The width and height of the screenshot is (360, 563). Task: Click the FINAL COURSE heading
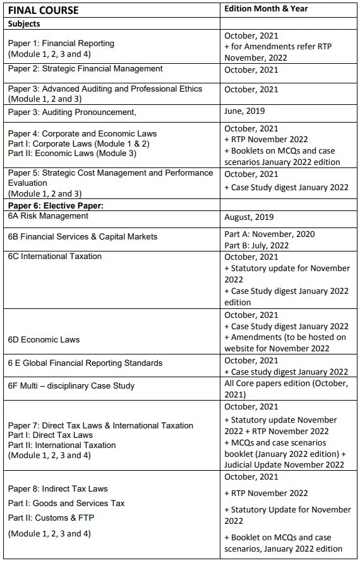point(44,10)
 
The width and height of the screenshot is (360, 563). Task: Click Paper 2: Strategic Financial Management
point(85,69)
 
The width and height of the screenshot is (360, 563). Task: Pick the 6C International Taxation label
point(55,257)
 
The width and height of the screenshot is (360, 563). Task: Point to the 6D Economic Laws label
point(44,339)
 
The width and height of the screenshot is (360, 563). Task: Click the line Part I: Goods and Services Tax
point(66,503)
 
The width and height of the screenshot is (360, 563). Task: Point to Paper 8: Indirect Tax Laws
point(58,488)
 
